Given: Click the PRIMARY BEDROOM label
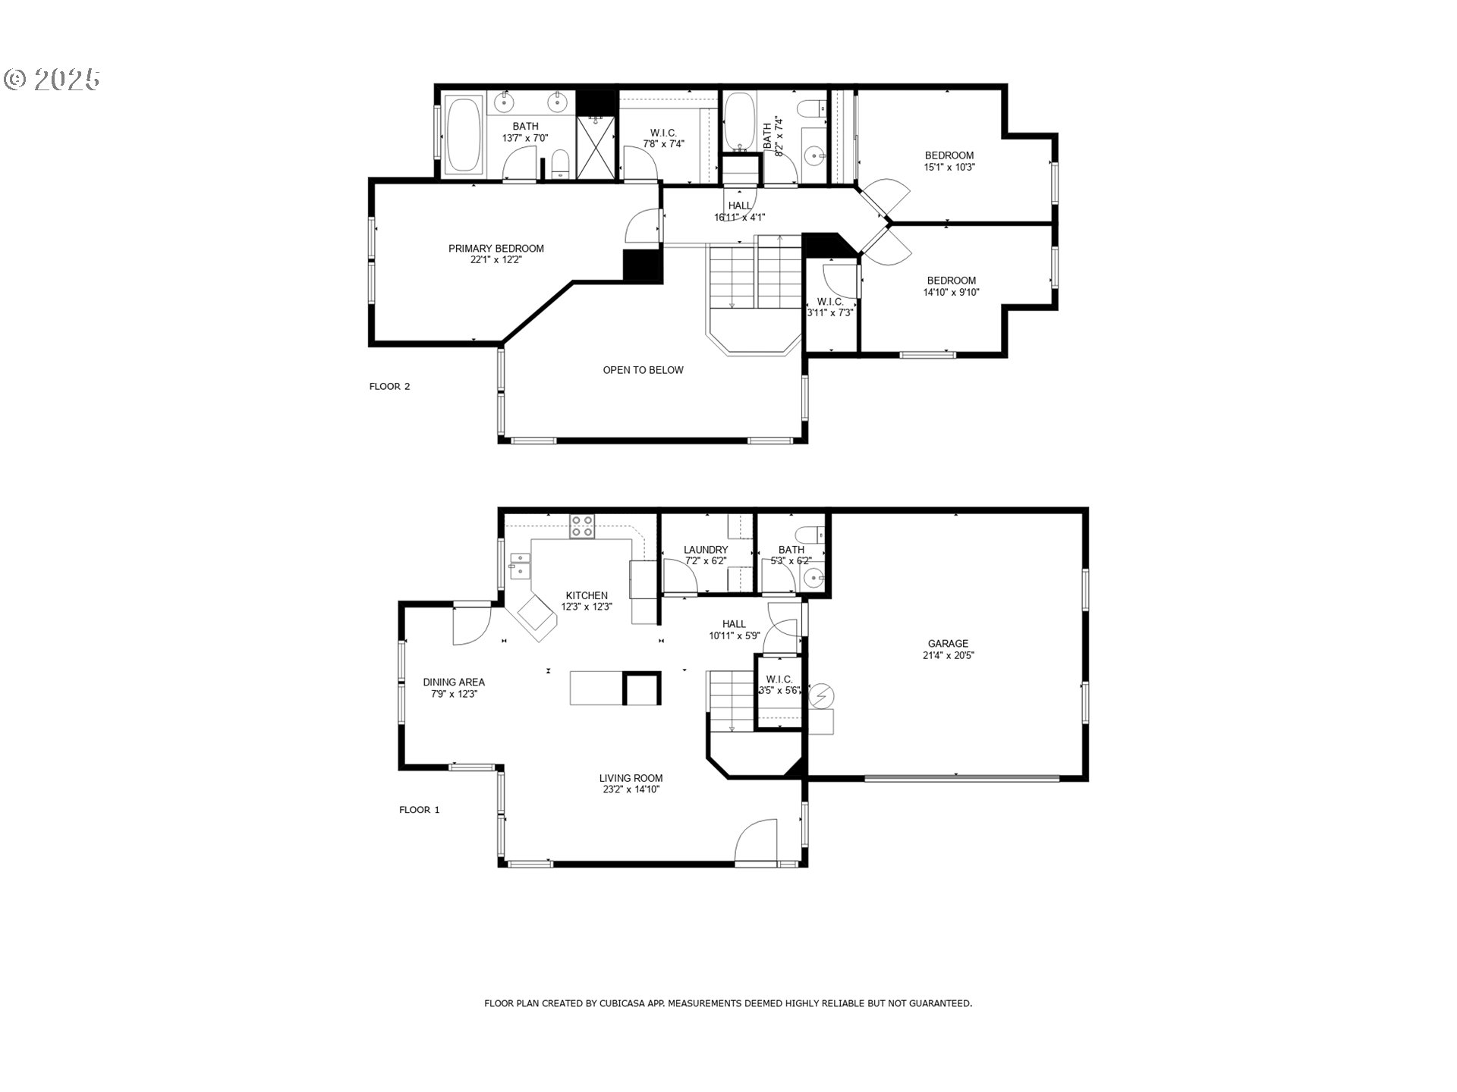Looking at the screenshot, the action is [496, 249].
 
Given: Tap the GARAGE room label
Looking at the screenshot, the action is [948, 644].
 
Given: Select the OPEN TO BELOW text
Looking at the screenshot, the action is [643, 370].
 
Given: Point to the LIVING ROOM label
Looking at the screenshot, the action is [631, 778].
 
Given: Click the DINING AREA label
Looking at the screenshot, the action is [454, 682].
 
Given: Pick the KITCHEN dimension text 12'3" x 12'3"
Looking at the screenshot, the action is [587, 607].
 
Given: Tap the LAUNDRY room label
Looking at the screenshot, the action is [706, 550].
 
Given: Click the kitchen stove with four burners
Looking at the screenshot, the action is [582, 526].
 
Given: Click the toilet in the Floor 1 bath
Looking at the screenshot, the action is [813, 532].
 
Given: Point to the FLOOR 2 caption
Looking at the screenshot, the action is [389, 387].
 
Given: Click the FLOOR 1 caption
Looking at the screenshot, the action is [419, 810].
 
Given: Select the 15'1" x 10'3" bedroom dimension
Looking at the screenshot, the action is [949, 167].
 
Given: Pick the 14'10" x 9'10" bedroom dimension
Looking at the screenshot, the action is [951, 292].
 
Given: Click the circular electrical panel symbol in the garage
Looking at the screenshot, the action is [821, 695].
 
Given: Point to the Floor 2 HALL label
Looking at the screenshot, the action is [740, 206].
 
